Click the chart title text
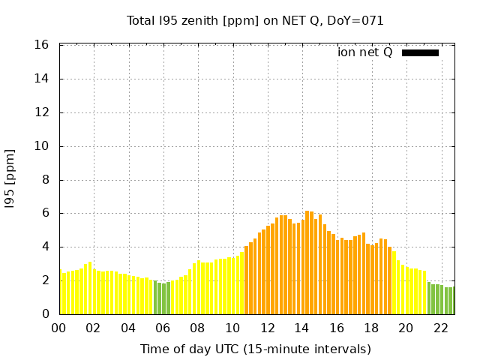pyautogui.click(x=255, y=20)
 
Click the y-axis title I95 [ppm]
pyautogui.click(x=10, y=180)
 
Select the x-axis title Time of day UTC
pyautogui.click(x=255, y=349)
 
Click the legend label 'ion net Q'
pyautogui.click(x=365, y=52)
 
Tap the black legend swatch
pyautogui.click(x=420, y=52)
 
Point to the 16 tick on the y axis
pyautogui.click(x=43, y=45)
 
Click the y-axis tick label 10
pyautogui.click(x=43, y=146)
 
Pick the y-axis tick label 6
pyautogui.click(x=46, y=213)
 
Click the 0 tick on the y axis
pyautogui.click(x=46, y=314)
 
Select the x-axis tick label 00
pyautogui.click(x=58, y=328)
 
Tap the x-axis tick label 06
pyautogui.click(x=163, y=328)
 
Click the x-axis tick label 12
pyautogui.click(x=267, y=328)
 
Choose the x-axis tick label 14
pyautogui.click(x=301, y=328)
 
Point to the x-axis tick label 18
pyautogui.click(x=371, y=328)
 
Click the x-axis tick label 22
pyautogui.click(x=440, y=328)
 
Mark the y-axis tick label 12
pyautogui.click(x=43, y=112)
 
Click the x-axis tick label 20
pyautogui.click(x=406, y=328)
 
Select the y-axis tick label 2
pyautogui.click(x=46, y=280)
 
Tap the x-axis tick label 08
pyautogui.click(x=197, y=328)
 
